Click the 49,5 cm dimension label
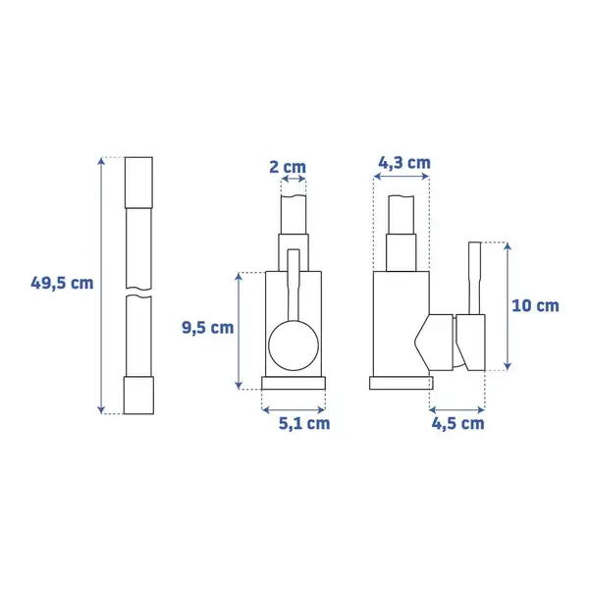click(x=62, y=283)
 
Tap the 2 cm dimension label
click(x=288, y=167)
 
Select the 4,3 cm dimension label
click(x=404, y=163)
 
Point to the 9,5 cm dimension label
click(x=208, y=328)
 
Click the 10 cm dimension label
click(x=535, y=305)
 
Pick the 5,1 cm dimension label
click(x=304, y=424)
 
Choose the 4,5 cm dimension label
click(x=457, y=424)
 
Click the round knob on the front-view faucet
click(x=294, y=346)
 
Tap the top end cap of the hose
click(x=138, y=183)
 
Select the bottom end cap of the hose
click(x=138, y=396)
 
